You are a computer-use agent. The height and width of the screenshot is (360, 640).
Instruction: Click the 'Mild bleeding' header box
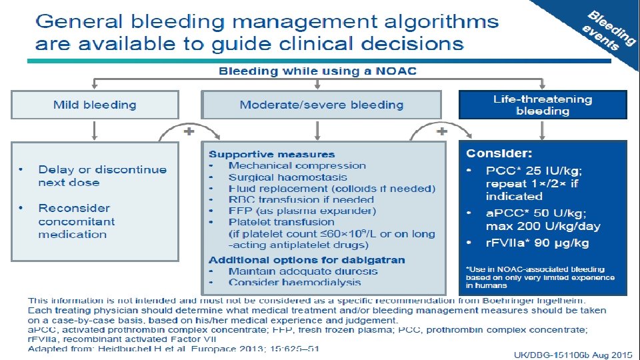coord(95,105)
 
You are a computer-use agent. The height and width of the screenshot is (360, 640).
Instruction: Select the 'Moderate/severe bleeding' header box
coord(321,105)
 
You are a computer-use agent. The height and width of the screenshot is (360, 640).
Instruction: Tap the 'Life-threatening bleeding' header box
coord(543,105)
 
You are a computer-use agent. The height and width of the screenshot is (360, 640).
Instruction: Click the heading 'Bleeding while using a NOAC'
coord(319,71)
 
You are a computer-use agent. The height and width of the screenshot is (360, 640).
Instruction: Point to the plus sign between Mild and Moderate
coord(189,131)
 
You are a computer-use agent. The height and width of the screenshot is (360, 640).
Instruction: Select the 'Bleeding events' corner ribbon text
coord(608,31)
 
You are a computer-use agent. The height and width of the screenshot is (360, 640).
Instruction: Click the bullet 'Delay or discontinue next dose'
coord(102,176)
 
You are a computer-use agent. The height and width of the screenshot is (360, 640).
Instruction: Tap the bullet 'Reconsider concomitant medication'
coord(77,221)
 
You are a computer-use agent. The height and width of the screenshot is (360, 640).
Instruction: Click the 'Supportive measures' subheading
coord(272,155)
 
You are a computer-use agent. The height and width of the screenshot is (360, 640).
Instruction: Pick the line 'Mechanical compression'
coord(297,165)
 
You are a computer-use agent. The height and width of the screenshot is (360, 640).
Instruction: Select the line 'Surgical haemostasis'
coord(287,177)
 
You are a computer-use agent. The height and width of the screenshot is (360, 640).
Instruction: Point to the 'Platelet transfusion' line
coord(281,221)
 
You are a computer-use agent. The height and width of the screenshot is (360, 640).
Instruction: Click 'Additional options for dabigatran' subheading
coord(307,260)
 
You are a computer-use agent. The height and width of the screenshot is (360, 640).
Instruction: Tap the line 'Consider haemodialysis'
coord(294,283)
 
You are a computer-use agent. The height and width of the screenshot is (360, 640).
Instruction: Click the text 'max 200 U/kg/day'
coord(543,226)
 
